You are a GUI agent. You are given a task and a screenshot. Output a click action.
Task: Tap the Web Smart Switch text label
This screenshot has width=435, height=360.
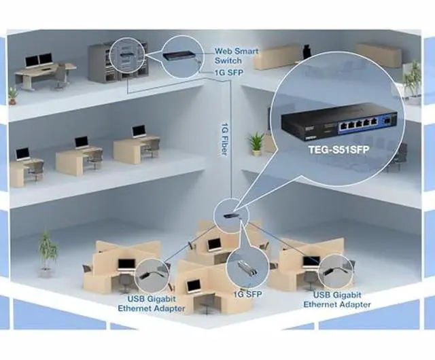[x=237, y=55]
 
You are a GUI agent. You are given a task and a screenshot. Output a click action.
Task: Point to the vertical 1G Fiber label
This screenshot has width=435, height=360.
[x=224, y=139]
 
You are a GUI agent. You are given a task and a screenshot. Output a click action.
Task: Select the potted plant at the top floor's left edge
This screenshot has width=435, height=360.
[x=13, y=94]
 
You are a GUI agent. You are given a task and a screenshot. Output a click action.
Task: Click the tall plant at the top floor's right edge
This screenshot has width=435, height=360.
[x=412, y=79]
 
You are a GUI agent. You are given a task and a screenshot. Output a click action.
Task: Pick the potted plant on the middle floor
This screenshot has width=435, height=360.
[x=256, y=143]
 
